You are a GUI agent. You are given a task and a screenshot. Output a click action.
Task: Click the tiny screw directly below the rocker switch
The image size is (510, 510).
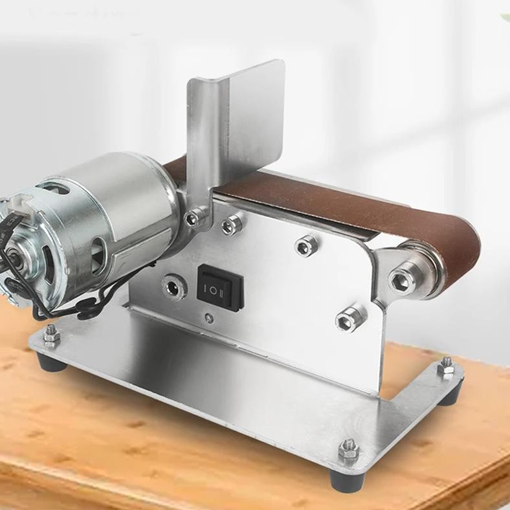pos(208,317)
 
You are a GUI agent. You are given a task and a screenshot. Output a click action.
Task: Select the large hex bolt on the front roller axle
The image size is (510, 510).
pos(402,280)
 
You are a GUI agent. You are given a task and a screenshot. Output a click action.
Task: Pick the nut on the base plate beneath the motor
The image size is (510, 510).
pos(50,335)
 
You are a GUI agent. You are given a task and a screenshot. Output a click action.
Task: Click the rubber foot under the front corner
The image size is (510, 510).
pos(343,479)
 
